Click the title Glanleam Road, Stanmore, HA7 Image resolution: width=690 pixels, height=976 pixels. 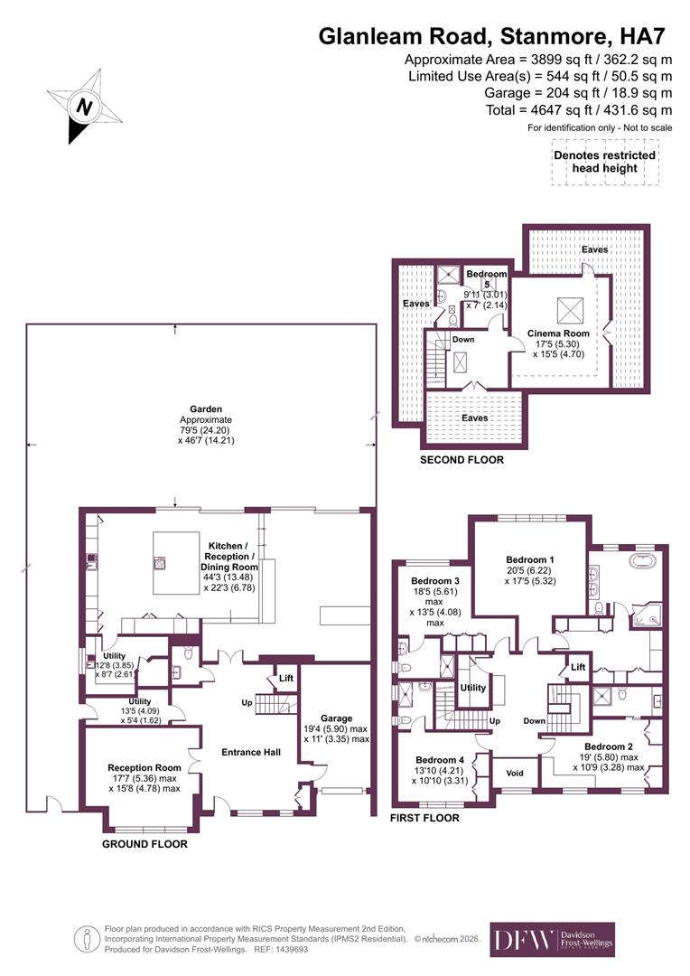click(x=495, y=37)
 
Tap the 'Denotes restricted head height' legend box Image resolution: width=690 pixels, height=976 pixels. click(x=604, y=163)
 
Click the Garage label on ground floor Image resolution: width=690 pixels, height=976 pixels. click(x=334, y=718)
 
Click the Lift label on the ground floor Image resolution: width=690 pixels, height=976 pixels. click(x=285, y=678)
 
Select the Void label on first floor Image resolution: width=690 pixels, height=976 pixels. click(x=515, y=774)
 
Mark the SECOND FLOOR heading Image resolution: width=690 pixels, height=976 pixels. click(x=462, y=460)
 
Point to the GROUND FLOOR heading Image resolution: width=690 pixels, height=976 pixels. click(x=145, y=844)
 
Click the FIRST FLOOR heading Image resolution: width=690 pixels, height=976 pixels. click(x=424, y=818)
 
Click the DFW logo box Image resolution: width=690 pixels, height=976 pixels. click(x=552, y=940)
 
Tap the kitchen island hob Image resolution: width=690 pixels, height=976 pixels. click(x=160, y=562)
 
